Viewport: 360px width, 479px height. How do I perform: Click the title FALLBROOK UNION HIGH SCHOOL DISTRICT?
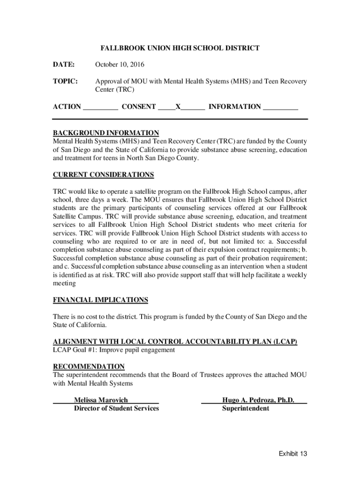tap(180, 48)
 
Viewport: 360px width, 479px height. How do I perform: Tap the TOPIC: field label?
tap(65, 81)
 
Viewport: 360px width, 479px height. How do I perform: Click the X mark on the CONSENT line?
tap(178, 107)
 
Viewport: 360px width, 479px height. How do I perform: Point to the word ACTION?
tap(67, 107)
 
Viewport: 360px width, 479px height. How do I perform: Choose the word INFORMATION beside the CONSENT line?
tap(235, 107)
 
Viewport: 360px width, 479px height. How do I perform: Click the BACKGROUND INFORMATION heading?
tap(106, 133)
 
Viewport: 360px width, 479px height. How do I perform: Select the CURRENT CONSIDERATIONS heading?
tap(103, 175)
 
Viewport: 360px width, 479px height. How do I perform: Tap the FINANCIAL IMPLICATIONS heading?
tap(101, 300)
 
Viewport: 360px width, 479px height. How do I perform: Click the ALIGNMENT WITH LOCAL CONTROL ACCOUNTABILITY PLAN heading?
tap(175, 341)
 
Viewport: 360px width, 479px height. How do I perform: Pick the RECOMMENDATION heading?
tap(89, 366)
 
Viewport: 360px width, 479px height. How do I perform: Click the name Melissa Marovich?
tap(101, 400)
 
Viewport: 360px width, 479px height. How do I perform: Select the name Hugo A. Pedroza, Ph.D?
tap(258, 400)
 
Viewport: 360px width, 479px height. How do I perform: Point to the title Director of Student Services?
tap(116, 408)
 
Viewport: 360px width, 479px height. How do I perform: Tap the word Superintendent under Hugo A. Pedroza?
tap(245, 408)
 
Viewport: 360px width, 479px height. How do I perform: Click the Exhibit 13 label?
tap(293, 453)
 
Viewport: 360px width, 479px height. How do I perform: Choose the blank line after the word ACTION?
tap(100, 108)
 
